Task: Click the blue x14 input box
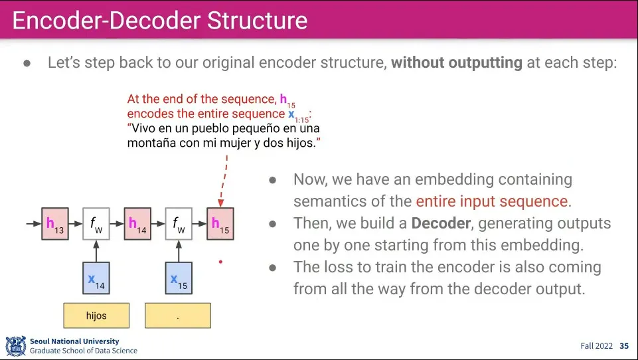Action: tap(96, 279)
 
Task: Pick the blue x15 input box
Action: tap(179, 279)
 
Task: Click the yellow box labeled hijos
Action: tap(96, 315)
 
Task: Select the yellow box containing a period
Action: tap(178, 315)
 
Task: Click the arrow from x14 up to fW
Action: tap(96, 251)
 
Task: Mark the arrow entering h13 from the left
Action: tap(33, 224)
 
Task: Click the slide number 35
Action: tap(624, 346)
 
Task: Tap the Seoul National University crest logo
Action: tap(15, 345)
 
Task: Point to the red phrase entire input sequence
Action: tap(492, 201)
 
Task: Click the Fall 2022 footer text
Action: tap(596, 346)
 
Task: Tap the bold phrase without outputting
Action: tap(456, 63)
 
